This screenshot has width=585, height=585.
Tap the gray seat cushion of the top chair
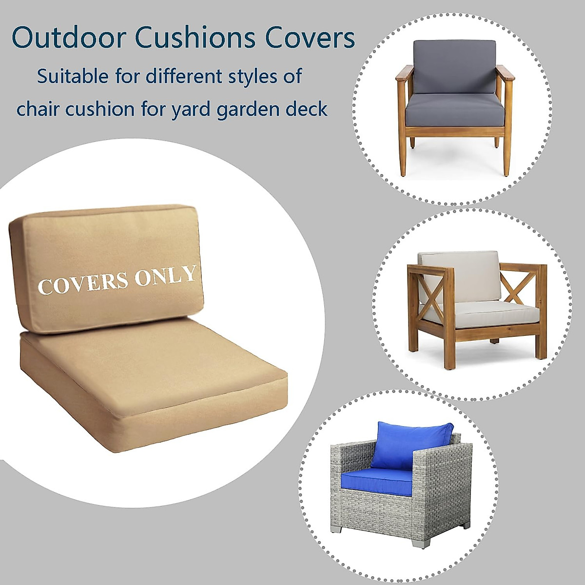[x=454, y=110]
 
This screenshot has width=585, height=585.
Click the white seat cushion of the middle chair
[x=480, y=314]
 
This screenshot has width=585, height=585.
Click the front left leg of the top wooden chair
[x=403, y=156]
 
